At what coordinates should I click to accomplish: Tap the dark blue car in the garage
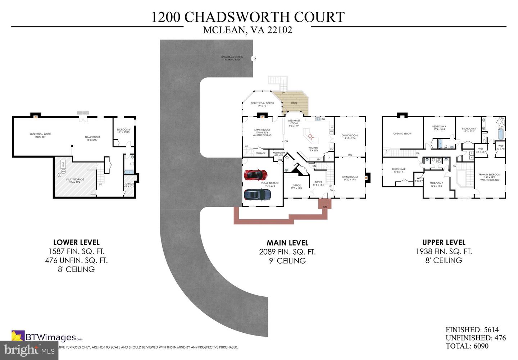[257, 195]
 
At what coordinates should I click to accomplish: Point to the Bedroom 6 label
[123, 131]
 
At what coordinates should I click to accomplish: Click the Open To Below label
[402, 133]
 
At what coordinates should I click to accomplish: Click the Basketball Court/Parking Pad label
[232, 58]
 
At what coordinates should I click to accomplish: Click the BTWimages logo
[47, 337]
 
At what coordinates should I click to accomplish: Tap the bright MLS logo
[29, 350]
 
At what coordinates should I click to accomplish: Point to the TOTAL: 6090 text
[467, 346]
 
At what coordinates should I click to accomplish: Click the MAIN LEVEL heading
[287, 243]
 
